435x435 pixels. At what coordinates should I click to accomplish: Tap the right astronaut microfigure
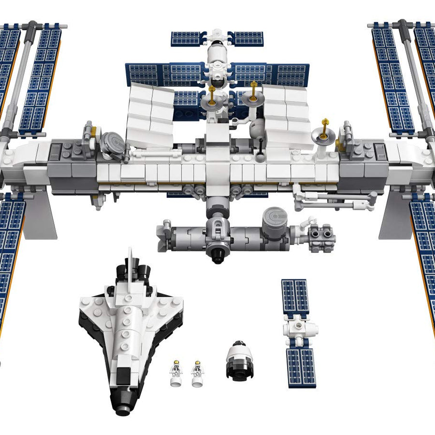pos(197,373)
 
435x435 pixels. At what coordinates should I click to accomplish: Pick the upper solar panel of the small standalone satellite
pos(295,296)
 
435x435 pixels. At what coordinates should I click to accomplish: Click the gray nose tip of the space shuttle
pos(123,410)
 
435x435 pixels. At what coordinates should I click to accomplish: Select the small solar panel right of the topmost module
pos(246,39)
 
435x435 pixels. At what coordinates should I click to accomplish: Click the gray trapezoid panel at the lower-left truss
pos(41,215)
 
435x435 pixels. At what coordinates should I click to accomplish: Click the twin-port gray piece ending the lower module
pos(321,236)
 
